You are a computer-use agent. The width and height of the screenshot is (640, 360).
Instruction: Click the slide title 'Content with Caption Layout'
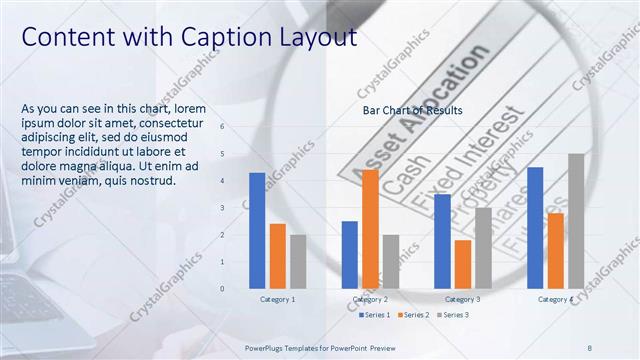pyautogui.click(x=189, y=37)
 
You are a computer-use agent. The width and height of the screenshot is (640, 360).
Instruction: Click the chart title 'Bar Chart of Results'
pyautogui.click(x=412, y=110)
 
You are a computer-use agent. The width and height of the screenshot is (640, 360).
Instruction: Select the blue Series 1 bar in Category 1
pyautogui.click(x=257, y=230)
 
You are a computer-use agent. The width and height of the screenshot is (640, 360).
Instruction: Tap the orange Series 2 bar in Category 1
pyautogui.click(x=278, y=256)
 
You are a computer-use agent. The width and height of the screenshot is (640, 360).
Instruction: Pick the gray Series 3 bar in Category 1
pyautogui.click(x=298, y=261)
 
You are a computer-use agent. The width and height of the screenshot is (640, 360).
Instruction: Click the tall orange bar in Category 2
pyautogui.click(x=370, y=229)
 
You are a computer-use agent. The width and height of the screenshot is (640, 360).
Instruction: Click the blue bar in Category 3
pyautogui.click(x=442, y=240)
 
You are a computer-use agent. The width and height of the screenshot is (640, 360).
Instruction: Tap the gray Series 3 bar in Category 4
pyautogui.click(x=575, y=220)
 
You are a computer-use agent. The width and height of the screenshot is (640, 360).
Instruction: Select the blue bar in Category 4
pyautogui.click(x=535, y=227)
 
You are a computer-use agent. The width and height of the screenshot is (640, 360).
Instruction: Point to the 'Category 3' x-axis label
pyautogui.click(x=462, y=299)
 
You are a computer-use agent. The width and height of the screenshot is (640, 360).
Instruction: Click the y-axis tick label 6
pyautogui.click(x=222, y=127)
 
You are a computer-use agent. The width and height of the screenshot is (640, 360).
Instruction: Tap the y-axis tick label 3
pyautogui.click(x=222, y=208)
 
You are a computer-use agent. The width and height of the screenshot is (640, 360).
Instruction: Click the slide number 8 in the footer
pyautogui.click(x=589, y=348)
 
